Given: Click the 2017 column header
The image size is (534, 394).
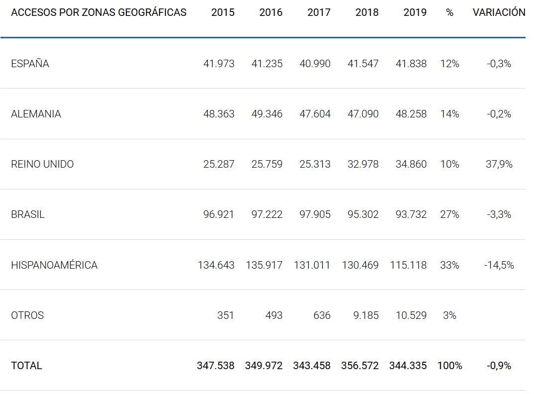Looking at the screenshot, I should click(x=319, y=12).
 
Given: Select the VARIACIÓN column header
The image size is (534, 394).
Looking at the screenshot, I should click(x=499, y=12).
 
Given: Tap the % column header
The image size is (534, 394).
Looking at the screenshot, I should click(x=449, y=12).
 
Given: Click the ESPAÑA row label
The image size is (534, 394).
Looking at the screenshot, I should click(x=30, y=64).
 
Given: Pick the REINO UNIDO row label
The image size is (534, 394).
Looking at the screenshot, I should click(x=42, y=164).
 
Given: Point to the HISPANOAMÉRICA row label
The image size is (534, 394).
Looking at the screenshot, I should click(x=54, y=265).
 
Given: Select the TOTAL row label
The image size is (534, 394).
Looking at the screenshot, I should click(x=26, y=366).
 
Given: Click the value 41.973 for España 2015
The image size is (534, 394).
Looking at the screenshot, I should click(x=219, y=64).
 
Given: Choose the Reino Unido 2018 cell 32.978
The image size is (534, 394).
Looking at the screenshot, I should click(x=363, y=164).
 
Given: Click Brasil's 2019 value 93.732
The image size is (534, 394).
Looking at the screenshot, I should click(x=411, y=214).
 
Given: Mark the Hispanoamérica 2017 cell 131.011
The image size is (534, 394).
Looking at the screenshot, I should click(x=312, y=265).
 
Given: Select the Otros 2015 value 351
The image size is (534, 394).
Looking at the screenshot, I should click(x=226, y=315).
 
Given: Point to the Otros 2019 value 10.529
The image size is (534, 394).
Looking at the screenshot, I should click(x=411, y=315).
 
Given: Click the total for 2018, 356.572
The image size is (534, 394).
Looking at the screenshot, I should click(x=360, y=366).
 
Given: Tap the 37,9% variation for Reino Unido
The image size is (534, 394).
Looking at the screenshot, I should click(x=499, y=164).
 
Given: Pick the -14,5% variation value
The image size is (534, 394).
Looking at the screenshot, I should click(x=499, y=265).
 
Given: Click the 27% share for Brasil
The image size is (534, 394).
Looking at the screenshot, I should click(x=449, y=214).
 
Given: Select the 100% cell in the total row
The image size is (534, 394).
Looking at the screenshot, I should click(x=449, y=366).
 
